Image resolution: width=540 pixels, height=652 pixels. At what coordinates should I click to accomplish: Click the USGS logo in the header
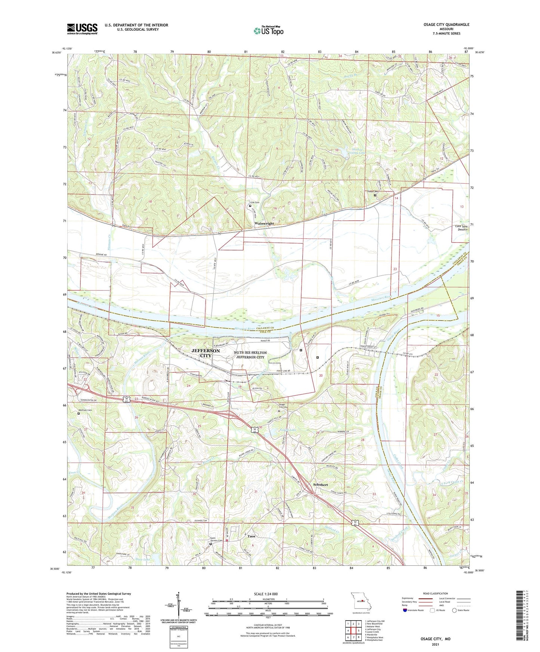click(82, 28)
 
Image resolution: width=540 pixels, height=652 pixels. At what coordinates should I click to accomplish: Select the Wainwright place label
click(264, 223)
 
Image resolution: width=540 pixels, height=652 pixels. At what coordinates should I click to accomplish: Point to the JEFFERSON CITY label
click(206, 353)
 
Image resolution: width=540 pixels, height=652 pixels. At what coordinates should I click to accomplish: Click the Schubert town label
click(320, 485)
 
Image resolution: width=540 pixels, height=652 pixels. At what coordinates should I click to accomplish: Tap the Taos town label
click(252, 536)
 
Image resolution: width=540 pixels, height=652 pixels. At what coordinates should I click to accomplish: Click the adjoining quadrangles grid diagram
click(353, 631)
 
